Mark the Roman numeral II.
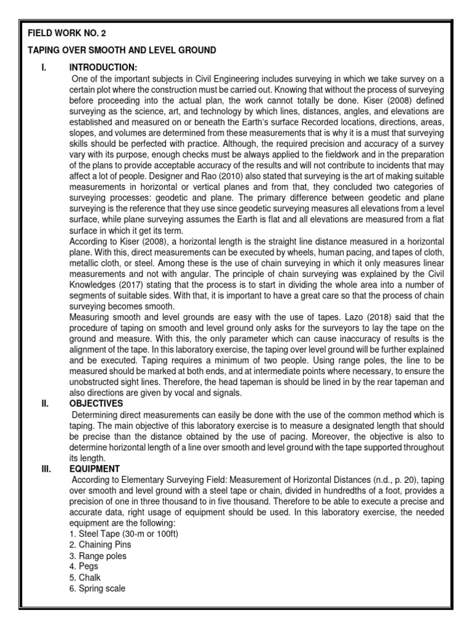[44, 403]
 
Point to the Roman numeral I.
[44, 67]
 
